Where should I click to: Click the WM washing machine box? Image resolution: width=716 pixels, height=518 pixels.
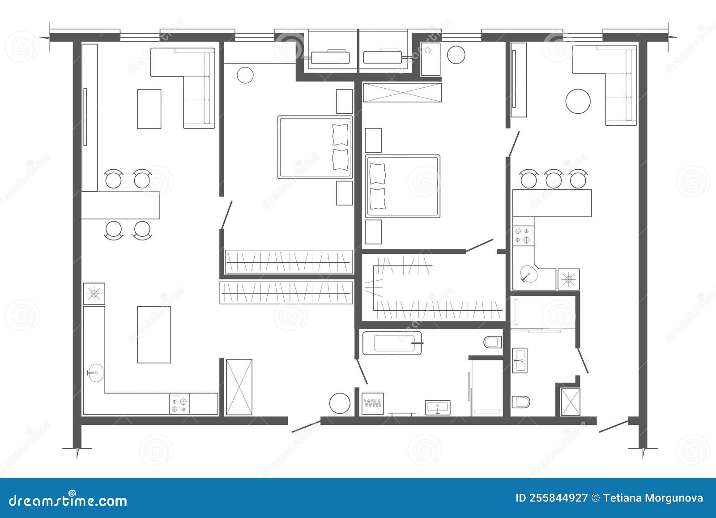[372, 403]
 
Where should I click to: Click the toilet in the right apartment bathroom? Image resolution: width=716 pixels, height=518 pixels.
[520, 402]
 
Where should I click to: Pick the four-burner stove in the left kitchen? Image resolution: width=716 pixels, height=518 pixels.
[179, 404]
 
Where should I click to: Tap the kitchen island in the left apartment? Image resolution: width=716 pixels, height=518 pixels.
[154, 334]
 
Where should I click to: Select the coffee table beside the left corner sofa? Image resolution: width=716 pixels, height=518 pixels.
[149, 109]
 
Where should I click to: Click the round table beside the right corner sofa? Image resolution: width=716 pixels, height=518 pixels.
[578, 102]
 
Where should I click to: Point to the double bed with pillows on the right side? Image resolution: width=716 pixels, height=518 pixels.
[315, 147]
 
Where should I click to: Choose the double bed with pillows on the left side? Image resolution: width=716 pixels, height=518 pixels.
[402, 186]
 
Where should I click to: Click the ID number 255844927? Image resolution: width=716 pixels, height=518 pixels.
[552, 498]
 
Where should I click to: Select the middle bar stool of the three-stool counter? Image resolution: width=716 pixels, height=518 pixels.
[554, 179]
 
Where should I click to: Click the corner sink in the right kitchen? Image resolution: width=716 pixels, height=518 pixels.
[529, 274]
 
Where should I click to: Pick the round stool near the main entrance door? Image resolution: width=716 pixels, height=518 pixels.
[340, 403]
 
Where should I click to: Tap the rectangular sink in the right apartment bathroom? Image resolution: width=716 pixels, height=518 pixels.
[520, 360]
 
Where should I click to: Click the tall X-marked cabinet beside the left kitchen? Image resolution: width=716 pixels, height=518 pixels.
[239, 387]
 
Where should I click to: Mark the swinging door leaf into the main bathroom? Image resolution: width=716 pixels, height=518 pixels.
[362, 371]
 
